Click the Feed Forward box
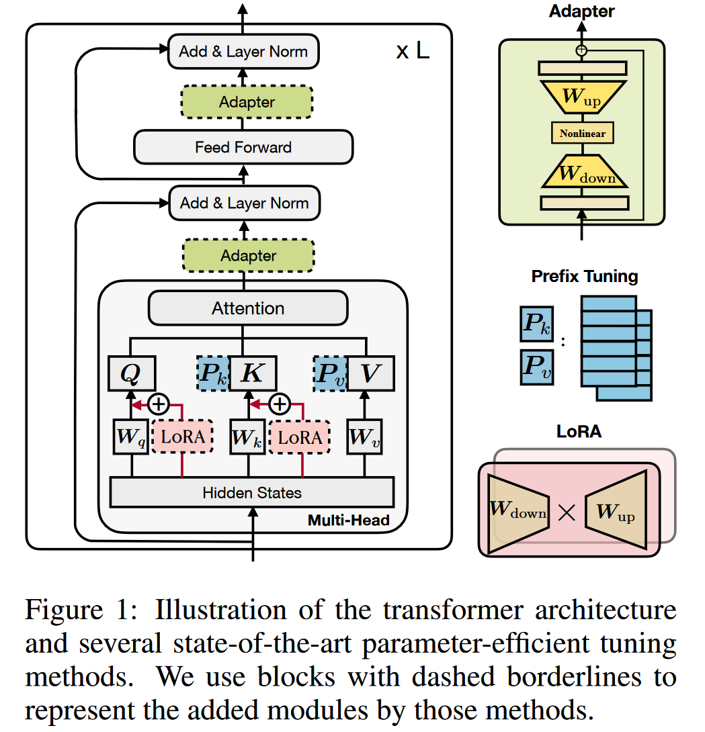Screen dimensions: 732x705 243,147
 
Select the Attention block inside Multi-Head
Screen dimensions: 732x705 248,308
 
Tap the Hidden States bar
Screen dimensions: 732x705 251,493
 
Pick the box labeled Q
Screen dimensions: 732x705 132,373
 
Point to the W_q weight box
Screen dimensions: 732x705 130,437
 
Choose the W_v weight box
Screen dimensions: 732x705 365,437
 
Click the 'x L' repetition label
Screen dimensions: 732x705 412,51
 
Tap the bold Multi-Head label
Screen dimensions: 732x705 349,520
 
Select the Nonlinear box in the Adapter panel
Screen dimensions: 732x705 583,133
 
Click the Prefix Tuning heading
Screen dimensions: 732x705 585,276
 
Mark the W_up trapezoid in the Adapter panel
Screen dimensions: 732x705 582,97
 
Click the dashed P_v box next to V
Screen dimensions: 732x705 331,373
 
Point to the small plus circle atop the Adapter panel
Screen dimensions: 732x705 582,50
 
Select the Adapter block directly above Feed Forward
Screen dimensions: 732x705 247,102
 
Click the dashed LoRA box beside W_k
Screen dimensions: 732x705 299,437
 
